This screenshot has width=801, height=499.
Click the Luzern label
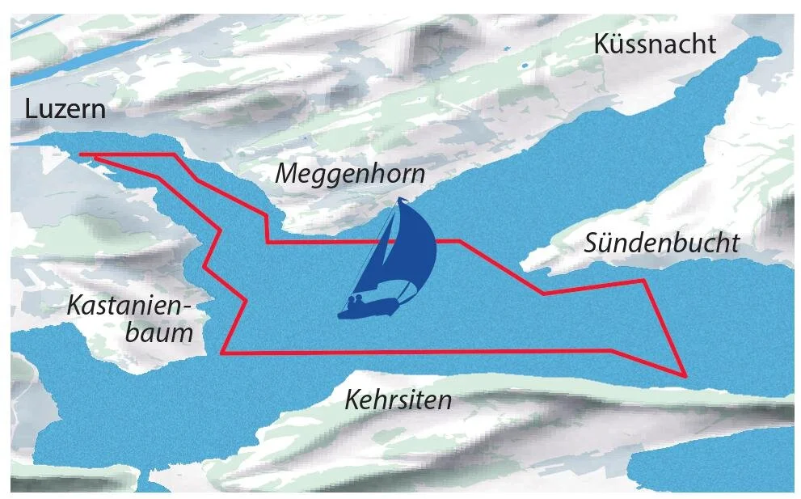(65, 108)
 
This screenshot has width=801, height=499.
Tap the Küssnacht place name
(655, 44)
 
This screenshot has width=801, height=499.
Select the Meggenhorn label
(349, 173)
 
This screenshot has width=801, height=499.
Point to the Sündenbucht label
(661, 243)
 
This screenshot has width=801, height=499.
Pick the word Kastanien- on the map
(128, 306)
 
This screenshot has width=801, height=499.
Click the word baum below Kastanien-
(159, 332)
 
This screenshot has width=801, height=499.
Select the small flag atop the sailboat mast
(402, 200)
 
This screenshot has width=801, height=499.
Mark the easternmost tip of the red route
(685, 376)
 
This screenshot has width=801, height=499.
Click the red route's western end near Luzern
(82, 154)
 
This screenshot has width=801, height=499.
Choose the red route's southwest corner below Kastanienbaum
(222, 353)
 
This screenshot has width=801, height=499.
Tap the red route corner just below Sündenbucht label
(643, 281)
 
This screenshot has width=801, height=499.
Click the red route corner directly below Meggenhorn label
(268, 241)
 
